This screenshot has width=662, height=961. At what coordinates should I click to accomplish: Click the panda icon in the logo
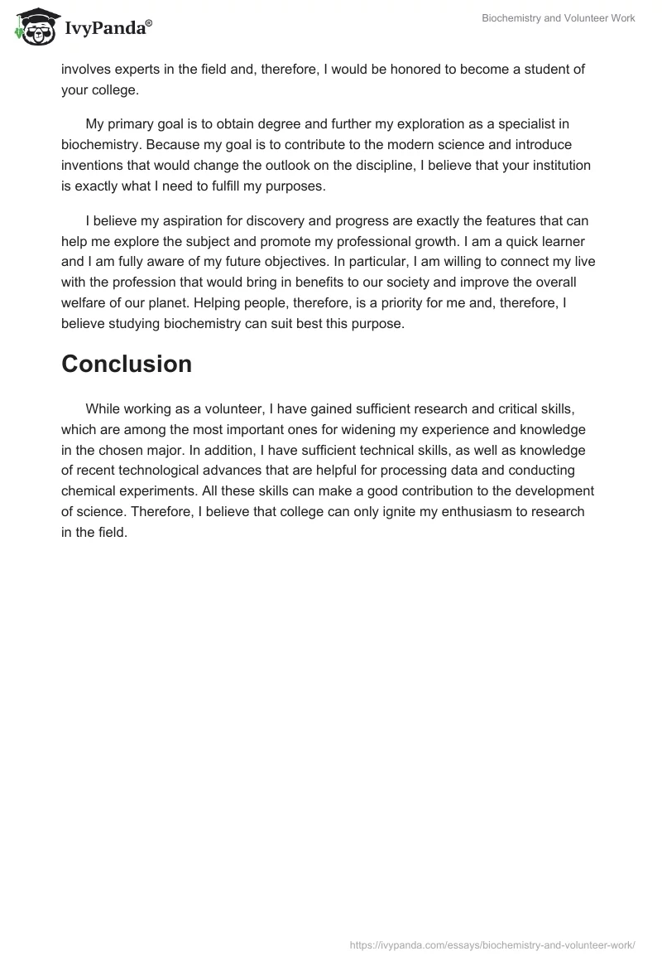point(33,28)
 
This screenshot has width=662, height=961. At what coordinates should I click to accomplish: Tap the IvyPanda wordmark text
point(108,29)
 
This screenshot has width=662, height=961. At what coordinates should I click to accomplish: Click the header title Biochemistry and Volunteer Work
point(558,18)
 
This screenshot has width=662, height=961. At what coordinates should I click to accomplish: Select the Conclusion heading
point(127,364)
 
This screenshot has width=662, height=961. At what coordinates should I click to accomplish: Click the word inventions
point(95,165)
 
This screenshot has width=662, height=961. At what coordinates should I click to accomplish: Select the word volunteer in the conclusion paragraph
point(223,409)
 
